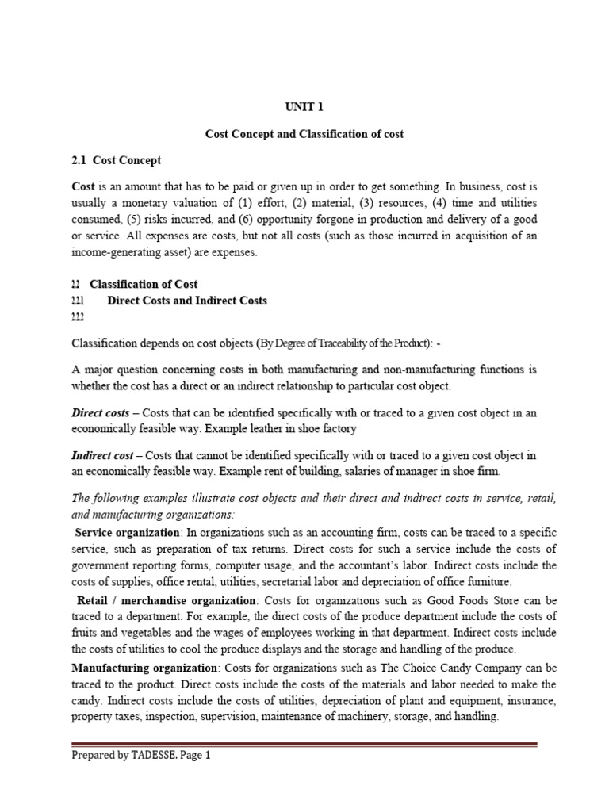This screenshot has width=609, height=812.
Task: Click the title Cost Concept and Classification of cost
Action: (304, 134)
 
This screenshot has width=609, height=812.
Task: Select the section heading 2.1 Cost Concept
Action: (117, 160)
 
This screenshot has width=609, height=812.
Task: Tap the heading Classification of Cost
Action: (144, 284)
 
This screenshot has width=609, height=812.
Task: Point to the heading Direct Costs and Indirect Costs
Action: (187, 301)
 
